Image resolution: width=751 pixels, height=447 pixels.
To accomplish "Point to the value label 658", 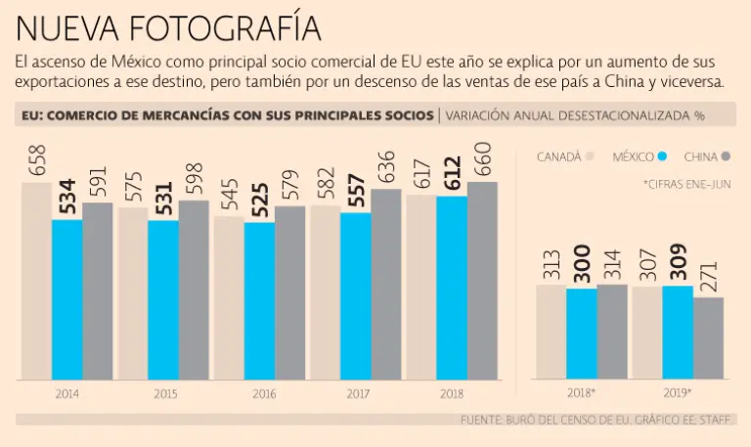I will [37, 160].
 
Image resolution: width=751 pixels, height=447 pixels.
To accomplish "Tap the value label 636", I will [386, 167].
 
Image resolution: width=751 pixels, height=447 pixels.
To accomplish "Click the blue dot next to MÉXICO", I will [662, 156].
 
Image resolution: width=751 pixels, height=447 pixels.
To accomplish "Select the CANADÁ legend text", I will [559, 156].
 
